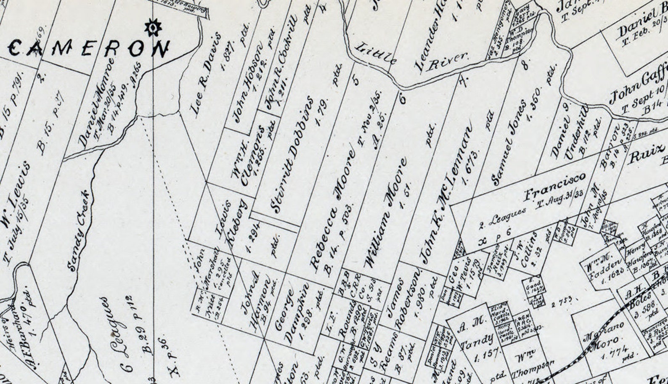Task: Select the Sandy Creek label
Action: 79,230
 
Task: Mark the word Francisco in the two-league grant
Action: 554,186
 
